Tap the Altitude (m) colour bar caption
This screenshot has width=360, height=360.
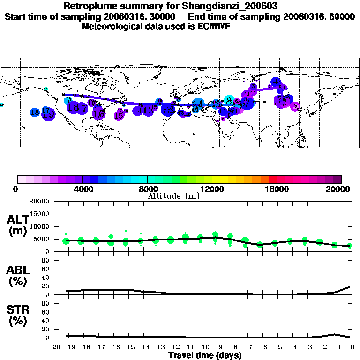pyautogui.click(x=173, y=196)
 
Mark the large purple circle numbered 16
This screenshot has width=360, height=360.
pyautogui.click(x=98, y=113)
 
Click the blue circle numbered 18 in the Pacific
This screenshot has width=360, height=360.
pyautogui.click(x=35, y=112)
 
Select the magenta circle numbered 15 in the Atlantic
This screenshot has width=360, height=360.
pyautogui.click(x=119, y=115)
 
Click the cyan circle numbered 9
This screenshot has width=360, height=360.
pyautogui.click(x=229, y=99)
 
